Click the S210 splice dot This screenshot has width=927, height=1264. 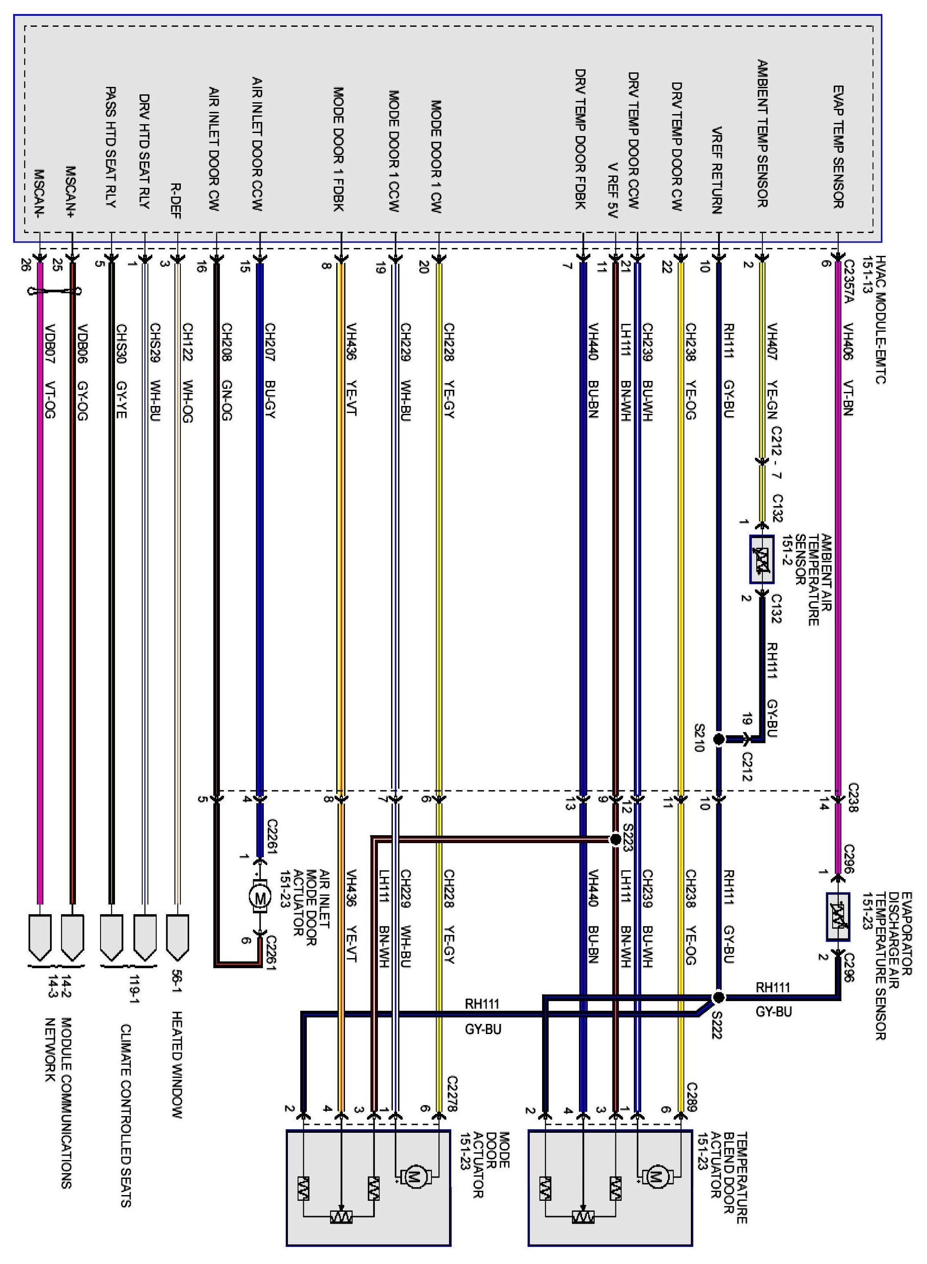718,739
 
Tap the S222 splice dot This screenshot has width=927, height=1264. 718,997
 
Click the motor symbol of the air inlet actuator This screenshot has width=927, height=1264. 259,897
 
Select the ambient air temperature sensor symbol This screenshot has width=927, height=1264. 762,559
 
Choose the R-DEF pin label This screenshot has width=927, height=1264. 176,200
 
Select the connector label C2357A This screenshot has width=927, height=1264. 848,288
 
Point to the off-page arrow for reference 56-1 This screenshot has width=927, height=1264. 177,937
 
